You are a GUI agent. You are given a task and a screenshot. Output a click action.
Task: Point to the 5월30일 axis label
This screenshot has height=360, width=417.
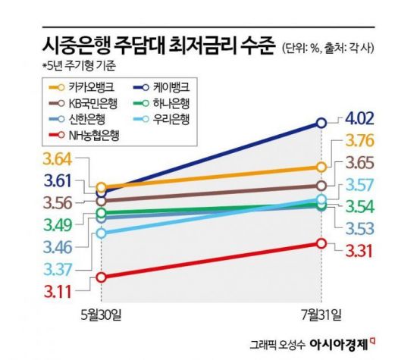102,314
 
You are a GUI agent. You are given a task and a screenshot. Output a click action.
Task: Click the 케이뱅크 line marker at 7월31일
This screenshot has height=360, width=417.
321,122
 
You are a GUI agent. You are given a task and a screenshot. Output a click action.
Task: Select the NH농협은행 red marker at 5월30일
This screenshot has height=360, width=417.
102,277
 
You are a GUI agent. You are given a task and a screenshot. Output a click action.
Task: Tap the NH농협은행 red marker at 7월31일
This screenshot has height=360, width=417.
321,243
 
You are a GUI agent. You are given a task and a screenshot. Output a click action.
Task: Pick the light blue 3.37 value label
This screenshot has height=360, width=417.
59,268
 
